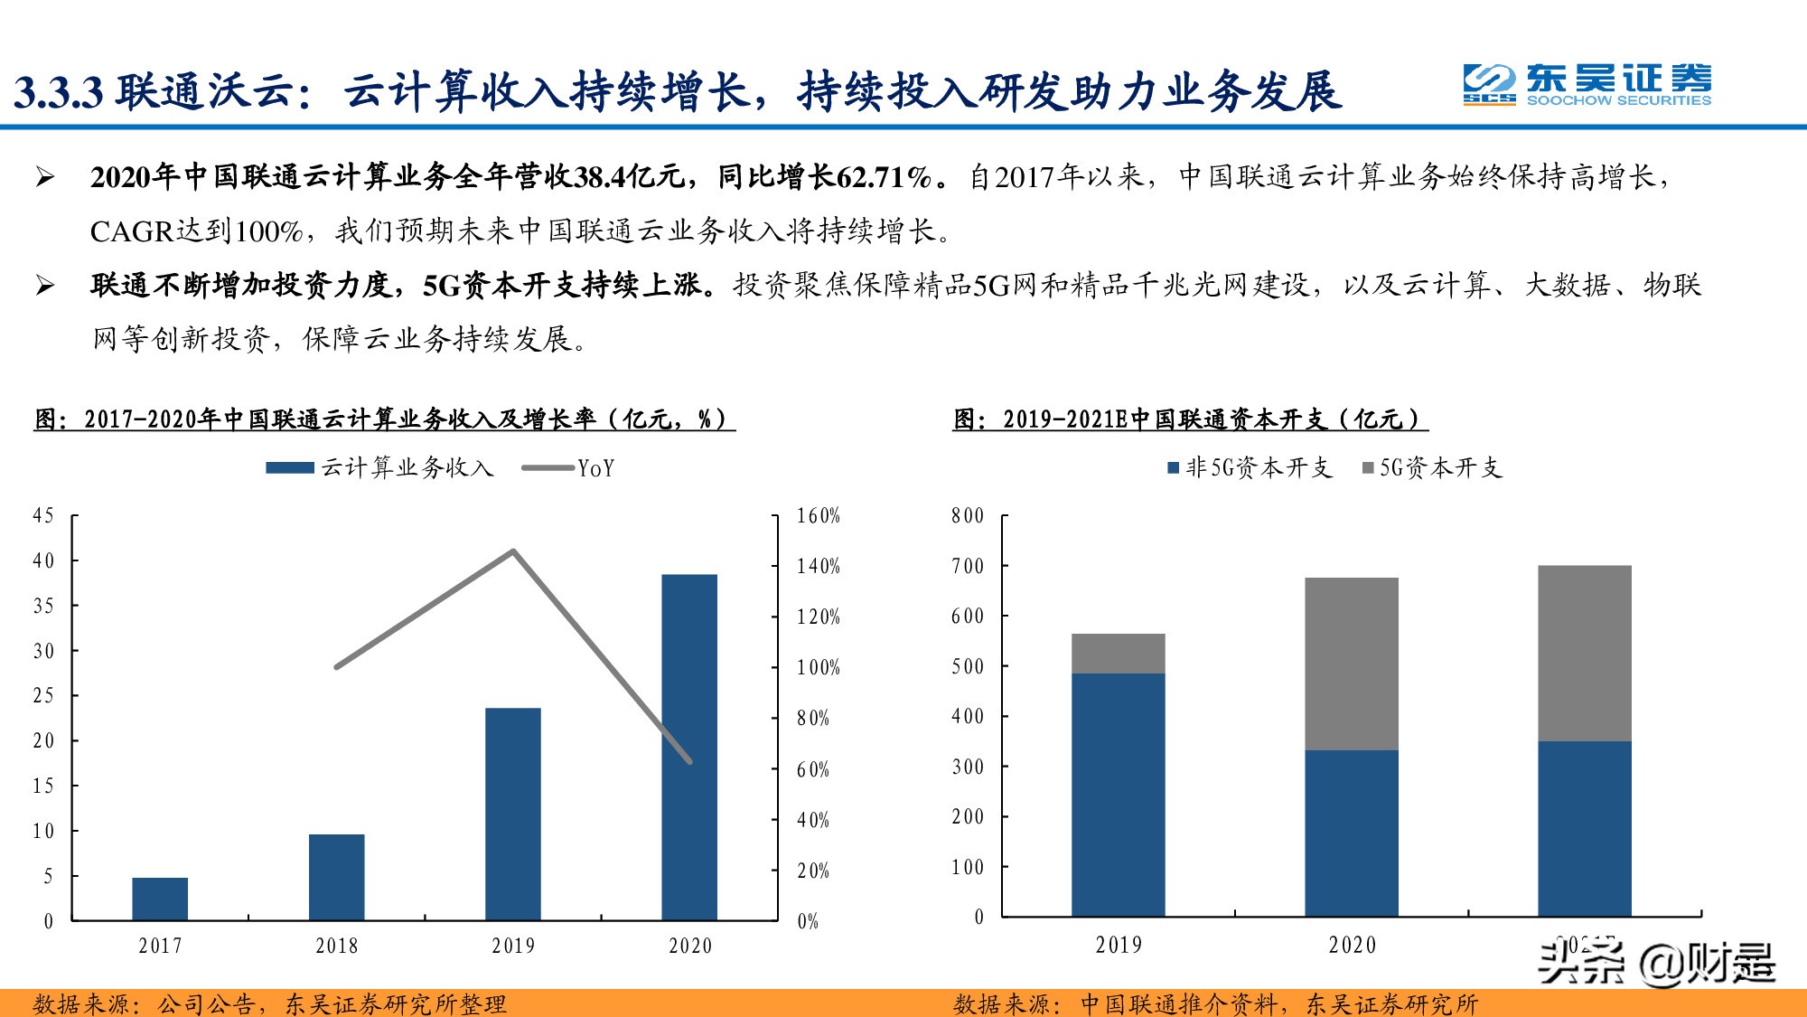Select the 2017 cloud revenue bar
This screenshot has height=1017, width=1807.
[x=160, y=899]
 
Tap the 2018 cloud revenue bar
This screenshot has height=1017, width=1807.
[x=336, y=877]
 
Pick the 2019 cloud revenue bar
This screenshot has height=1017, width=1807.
[x=513, y=814]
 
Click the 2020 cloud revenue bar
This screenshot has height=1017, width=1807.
[x=689, y=747]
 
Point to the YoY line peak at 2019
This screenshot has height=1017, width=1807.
[x=513, y=551]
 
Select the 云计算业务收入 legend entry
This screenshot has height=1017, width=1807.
[x=380, y=467]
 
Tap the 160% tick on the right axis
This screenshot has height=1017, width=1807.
[x=818, y=515]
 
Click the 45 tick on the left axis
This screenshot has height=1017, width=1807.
[x=43, y=515]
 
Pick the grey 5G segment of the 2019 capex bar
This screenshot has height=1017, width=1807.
[x=1118, y=654]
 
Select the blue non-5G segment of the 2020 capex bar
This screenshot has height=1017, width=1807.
[x=1352, y=833]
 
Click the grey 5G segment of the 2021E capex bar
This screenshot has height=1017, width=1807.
[x=1585, y=653]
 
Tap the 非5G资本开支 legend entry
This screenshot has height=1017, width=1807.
[x=1250, y=467]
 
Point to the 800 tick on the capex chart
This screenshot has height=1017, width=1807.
[x=967, y=515]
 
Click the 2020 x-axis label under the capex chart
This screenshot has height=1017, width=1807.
[x=1352, y=945]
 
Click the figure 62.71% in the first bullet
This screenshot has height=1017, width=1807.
[x=884, y=176]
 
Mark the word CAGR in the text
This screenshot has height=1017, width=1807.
[x=132, y=231]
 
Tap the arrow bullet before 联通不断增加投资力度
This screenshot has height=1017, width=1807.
[x=45, y=286]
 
